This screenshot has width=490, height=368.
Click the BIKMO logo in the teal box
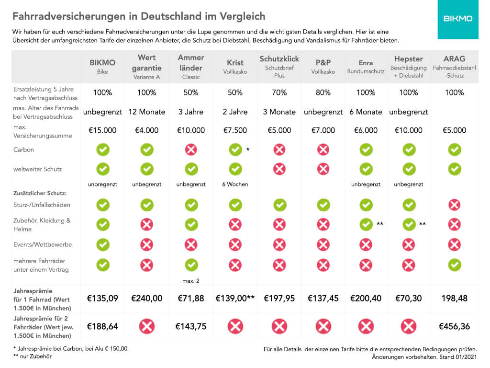pyautogui.click(x=457, y=19)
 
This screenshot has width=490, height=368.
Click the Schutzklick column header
pyautogui.click(x=279, y=59)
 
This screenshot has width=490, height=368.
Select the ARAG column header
pyautogui.click(x=454, y=59)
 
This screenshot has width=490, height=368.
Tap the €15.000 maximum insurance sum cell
pyautogui.click(x=102, y=130)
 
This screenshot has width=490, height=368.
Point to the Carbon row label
pyautogui.click(x=24, y=150)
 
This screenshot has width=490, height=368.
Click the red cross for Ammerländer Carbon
pyautogui.click(x=191, y=150)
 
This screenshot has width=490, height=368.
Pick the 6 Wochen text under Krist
pyautogui.click(x=235, y=184)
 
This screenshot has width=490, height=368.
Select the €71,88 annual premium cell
pyautogui.click(x=191, y=298)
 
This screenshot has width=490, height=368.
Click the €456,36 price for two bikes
pyautogui.click(x=454, y=326)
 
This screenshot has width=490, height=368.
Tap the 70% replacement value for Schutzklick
pyautogui.click(x=279, y=92)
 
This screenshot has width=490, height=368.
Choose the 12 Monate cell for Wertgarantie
pyautogui.click(x=146, y=112)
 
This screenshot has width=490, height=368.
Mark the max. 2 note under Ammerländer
pyautogui.click(x=191, y=280)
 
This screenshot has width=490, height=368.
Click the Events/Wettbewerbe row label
pyautogui.click(x=43, y=244)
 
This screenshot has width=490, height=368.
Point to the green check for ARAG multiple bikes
pyautogui.click(x=454, y=264)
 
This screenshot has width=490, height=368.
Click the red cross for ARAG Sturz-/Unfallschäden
pyautogui.click(x=454, y=205)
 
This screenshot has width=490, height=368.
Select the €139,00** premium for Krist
pyautogui.click(x=235, y=298)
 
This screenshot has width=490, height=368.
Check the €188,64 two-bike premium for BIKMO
pyautogui.click(x=102, y=326)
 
